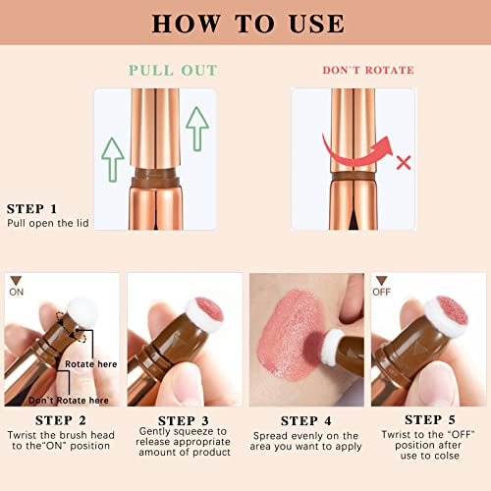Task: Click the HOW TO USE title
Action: click(x=245, y=24)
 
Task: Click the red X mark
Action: click(x=403, y=161)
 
